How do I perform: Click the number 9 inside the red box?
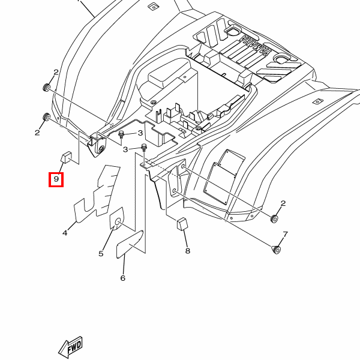56,179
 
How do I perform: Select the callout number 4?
65,233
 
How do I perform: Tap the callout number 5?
101,254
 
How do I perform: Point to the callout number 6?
123,278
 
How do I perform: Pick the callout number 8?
188,251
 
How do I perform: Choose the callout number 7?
285,235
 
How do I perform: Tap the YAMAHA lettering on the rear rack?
254,46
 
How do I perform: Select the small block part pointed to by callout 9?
66,157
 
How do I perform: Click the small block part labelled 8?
182,224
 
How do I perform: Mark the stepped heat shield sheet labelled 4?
97,194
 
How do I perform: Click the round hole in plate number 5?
118,222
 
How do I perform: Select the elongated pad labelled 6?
130,244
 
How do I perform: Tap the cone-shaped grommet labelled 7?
276,250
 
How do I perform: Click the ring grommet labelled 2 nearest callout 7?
274,219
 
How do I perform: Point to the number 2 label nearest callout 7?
283,203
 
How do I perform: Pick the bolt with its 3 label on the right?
121,134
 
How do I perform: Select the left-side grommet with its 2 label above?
47,88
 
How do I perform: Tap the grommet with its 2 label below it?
47,117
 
